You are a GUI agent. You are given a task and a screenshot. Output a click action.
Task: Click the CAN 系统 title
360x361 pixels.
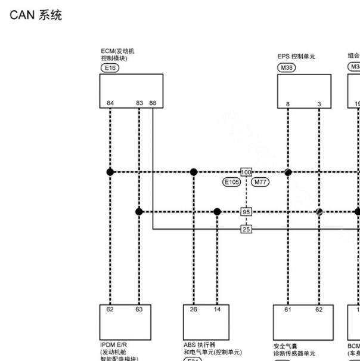(x=36, y=16)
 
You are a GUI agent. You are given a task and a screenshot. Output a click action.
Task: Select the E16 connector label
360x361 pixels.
(x=110, y=68)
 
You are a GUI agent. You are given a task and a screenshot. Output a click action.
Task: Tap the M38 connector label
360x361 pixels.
(x=287, y=68)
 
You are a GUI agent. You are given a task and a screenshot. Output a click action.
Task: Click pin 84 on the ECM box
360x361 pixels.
(x=110, y=103)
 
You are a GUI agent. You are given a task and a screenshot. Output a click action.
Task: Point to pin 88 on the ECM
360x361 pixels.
(x=153, y=103)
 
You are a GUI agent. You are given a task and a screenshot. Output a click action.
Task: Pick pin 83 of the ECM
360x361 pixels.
(x=139, y=103)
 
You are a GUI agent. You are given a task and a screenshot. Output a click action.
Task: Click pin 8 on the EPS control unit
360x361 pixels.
(x=288, y=104)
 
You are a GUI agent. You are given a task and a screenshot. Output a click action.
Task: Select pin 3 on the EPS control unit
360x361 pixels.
(x=319, y=104)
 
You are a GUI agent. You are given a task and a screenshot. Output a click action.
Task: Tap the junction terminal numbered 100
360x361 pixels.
(x=246, y=172)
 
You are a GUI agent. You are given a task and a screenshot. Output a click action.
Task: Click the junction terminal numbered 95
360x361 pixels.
(x=246, y=212)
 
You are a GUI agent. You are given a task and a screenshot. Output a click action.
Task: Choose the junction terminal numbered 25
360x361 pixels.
(x=246, y=229)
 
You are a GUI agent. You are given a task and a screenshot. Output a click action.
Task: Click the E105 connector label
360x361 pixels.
(x=231, y=183)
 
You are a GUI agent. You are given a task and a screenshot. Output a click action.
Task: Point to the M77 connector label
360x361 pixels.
(x=260, y=183)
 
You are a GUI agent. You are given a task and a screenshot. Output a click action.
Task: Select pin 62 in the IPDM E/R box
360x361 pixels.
(x=110, y=310)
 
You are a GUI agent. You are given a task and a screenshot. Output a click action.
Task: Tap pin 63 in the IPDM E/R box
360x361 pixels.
(x=139, y=310)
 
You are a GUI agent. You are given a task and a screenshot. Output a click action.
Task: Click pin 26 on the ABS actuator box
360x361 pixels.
(x=194, y=310)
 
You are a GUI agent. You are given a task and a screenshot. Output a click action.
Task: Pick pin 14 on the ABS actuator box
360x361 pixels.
(x=217, y=310)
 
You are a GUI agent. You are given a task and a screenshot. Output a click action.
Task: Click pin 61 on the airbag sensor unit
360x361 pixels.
(x=288, y=310)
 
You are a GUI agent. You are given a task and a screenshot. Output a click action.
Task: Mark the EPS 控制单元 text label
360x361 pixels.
(x=296, y=57)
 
